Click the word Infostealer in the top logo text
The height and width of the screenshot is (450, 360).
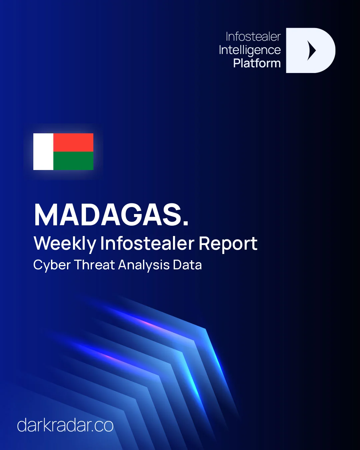[x=253, y=37]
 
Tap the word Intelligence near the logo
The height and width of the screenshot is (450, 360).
[x=250, y=50]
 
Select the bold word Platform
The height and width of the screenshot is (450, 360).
[x=257, y=63]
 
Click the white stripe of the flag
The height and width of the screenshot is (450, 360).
[x=43, y=152]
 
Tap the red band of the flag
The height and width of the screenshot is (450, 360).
[x=73, y=142]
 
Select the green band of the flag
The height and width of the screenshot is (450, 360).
[x=73, y=161]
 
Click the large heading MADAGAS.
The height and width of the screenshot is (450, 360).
[x=111, y=215]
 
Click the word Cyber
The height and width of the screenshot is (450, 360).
[x=52, y=265]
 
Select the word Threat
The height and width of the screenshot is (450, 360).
[x=94, y=265]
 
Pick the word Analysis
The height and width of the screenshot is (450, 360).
[x=144, y=265]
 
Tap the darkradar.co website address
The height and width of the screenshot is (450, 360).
[x=65, y=425]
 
